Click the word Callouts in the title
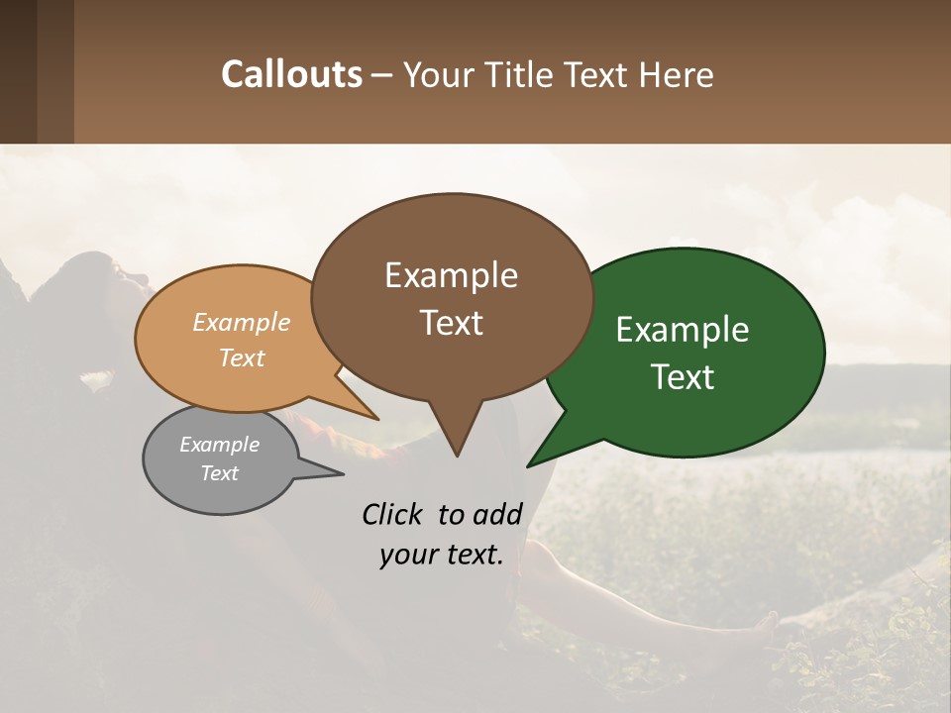pos(291,74)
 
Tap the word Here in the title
pos(679,75)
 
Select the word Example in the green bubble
pos(683,330)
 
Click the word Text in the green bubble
pos(683,377)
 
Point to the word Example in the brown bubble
pos(451,275)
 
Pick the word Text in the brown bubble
pos(451,323)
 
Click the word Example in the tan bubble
pos(241,323)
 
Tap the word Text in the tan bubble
pos(241,357)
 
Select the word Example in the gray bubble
pos(219,445)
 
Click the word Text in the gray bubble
pos(219,473)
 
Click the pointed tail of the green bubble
pos(530,463)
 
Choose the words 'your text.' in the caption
pos(441,555)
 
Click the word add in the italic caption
pos(496,514)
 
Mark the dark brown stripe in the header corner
pos(18,71)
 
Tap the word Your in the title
pos(436,75)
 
